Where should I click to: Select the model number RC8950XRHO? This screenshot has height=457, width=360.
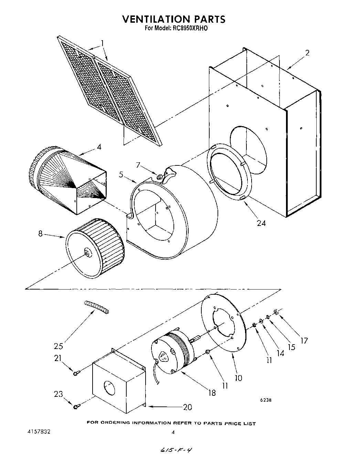click(189, 29)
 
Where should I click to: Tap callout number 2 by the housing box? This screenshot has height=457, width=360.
click(307, 53)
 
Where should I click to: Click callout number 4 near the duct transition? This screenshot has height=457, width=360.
click(99, 147)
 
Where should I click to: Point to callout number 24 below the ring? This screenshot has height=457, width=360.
click(261, 223)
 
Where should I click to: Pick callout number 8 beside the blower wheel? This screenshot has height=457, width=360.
click(40, 234)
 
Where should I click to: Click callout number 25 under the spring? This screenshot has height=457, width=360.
click(59, 346)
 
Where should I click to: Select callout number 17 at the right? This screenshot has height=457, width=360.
click(304, 340)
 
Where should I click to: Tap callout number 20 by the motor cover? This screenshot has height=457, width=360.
click(187, 407)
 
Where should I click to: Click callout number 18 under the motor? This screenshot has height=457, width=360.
click(212, 392)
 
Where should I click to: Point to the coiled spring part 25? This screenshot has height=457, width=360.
click(97, 307)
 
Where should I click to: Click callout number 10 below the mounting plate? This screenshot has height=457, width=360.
click(238, 378)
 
